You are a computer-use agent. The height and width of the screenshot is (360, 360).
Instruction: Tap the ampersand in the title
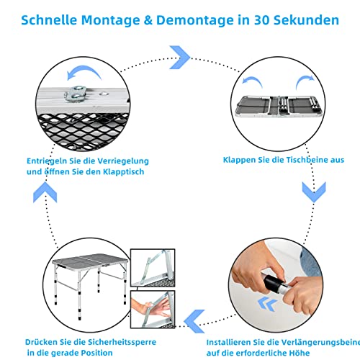tap(148, 20)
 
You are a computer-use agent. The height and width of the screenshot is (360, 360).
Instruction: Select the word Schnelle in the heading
tap(49, 20)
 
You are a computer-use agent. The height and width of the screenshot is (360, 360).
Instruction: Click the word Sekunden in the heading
tap(306, 20)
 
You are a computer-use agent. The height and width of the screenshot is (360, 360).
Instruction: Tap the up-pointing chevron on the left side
tap(45, 192)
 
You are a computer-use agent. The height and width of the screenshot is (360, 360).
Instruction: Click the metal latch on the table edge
tap(76, 94)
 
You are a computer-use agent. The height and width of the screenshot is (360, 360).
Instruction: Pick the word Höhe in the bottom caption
tap(300, 353)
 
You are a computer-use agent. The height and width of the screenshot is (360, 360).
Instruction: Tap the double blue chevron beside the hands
tap(267, 304)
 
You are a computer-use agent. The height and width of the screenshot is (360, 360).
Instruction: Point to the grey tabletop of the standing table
tap(90, 260)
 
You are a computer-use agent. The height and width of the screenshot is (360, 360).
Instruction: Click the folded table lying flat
tap(279, 107)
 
